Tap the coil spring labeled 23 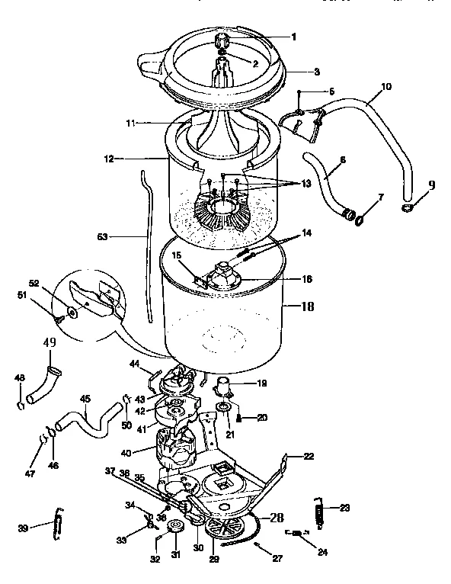tap(319, 510)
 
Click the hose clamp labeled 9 tap(407, 206)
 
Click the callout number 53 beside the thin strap tap(101, 237)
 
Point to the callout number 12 tap(109, 159)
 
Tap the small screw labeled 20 tap(239, 417)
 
